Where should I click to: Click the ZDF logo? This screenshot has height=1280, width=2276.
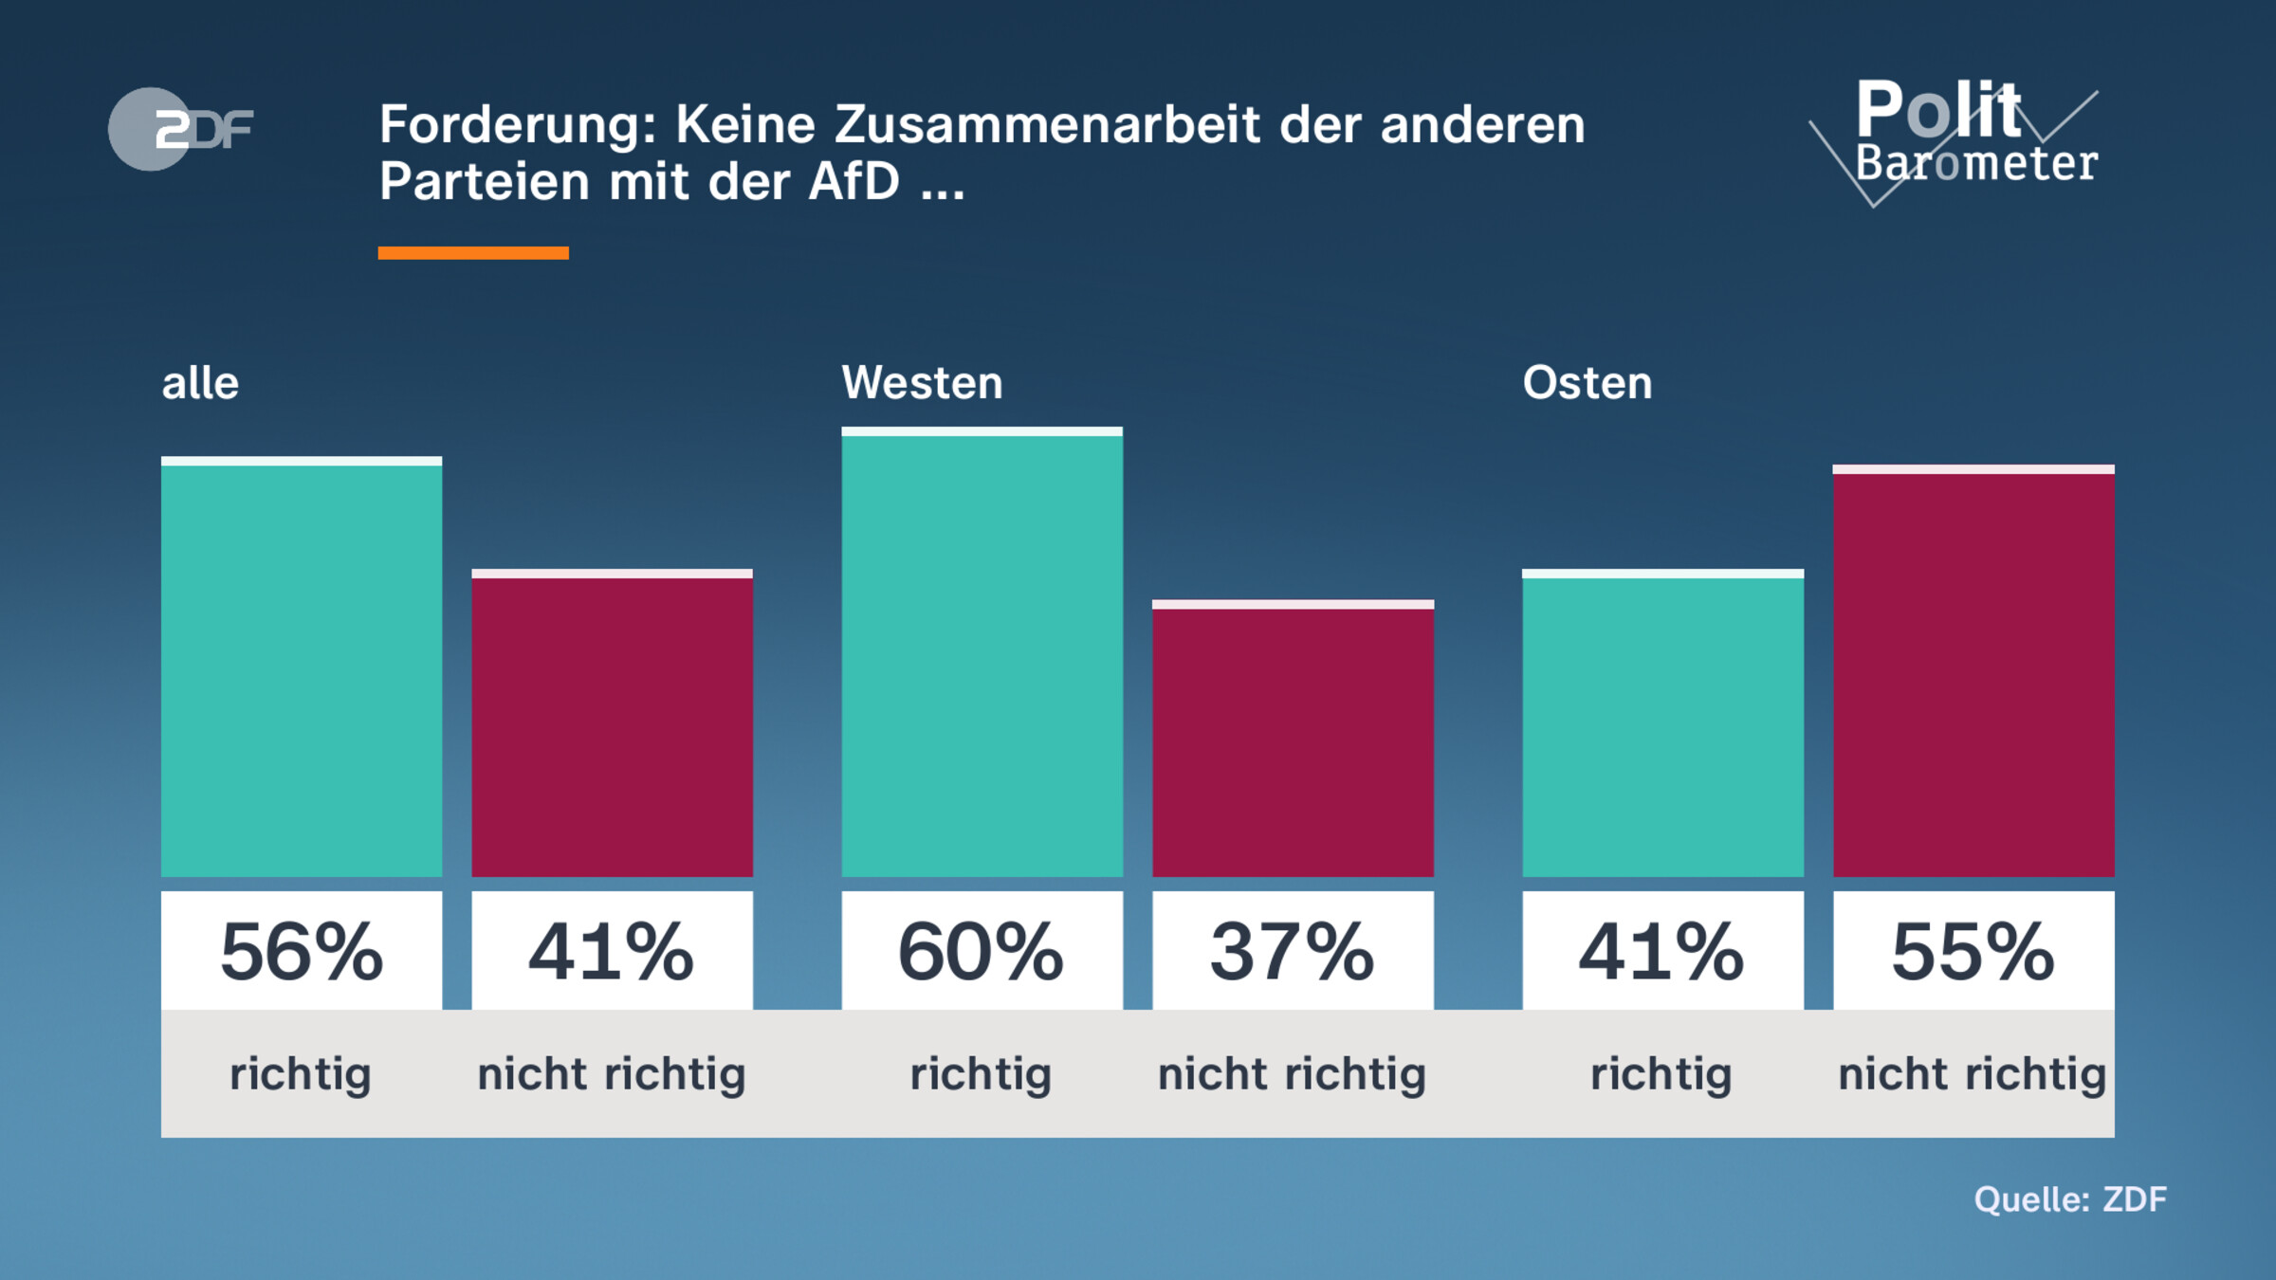(x=180, y=129)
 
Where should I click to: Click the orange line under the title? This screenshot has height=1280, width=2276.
(x=472, y=253)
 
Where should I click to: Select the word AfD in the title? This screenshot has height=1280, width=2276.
(x=853, y=181)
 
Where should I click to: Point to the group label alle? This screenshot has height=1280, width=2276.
(x=200, y=383)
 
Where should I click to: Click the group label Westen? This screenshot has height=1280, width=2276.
(x=922, y=383)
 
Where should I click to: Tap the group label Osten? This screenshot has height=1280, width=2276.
(x=1587, y=383)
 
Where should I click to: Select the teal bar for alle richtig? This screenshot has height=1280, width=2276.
(x=302, y=668)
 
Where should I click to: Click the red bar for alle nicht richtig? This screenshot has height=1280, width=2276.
(x=612, y=725)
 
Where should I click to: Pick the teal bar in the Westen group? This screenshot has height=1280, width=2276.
(x=982, y=654)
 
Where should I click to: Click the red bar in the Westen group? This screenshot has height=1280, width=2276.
(x=1293, y=740)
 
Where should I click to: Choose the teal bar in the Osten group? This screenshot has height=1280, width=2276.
(x=1662, y=725)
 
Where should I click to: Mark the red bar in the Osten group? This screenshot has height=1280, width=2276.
(x=1973, y=673)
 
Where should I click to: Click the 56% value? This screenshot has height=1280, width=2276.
(x=302, y=951)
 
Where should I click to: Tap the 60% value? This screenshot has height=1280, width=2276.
(x=982, y=951)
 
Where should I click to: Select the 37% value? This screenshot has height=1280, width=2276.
(x=1293, y=951)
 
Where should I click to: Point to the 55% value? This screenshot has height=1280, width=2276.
(x=1973, y=951)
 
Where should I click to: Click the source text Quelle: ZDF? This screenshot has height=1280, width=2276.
(x=2070, y=1199)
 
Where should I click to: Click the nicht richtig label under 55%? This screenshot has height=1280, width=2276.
(x=1972, y=1074)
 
